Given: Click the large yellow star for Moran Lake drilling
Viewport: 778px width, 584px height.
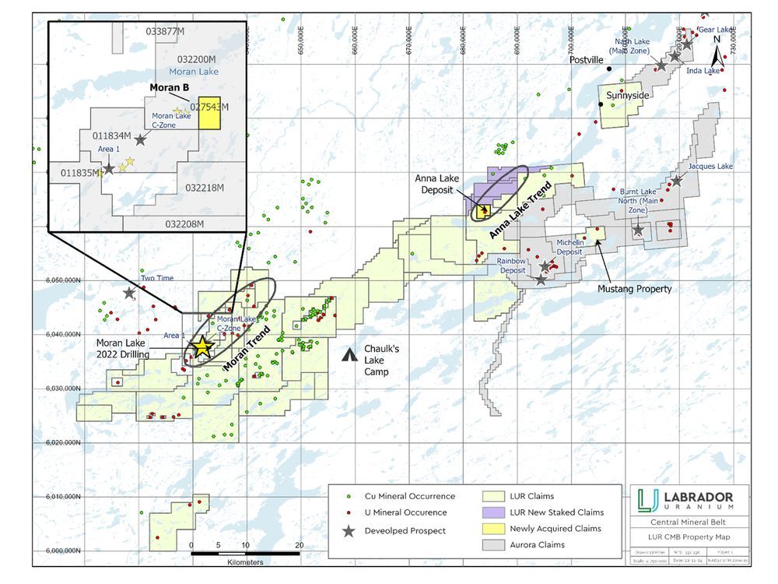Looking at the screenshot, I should [x=202, y=347].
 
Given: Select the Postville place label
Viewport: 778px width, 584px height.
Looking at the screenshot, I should [x=587, y=59].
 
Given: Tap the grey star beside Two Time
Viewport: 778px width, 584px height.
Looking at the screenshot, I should [x=129, y=293].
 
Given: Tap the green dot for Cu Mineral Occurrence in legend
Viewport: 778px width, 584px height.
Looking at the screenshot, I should [x=349, y=496].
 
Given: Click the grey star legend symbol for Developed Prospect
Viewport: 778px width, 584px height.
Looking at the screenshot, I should [x=349, y=529].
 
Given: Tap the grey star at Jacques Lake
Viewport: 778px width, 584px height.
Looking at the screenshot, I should [x=677, y=181].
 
